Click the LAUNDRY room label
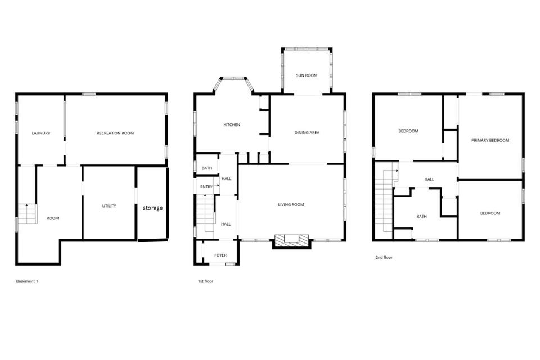(40, 133)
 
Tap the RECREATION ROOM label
(115, 133)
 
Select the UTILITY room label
(109, 206)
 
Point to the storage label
(152, 208)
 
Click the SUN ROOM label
(307, 75)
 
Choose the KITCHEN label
(232, 125)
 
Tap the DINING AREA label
(307, 133)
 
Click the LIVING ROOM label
(291, 205)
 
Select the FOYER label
(220, 255)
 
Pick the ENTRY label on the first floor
(206, 187)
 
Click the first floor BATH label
(207, 168)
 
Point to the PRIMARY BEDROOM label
(490, 140)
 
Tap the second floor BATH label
(422, 217)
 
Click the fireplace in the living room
(291, 240)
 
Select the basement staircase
(26, 213)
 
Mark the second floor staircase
(384, 202)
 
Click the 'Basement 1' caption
(27, 281)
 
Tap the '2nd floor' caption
(384, 257)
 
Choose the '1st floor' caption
(205, 281)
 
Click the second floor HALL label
(429, 179)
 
